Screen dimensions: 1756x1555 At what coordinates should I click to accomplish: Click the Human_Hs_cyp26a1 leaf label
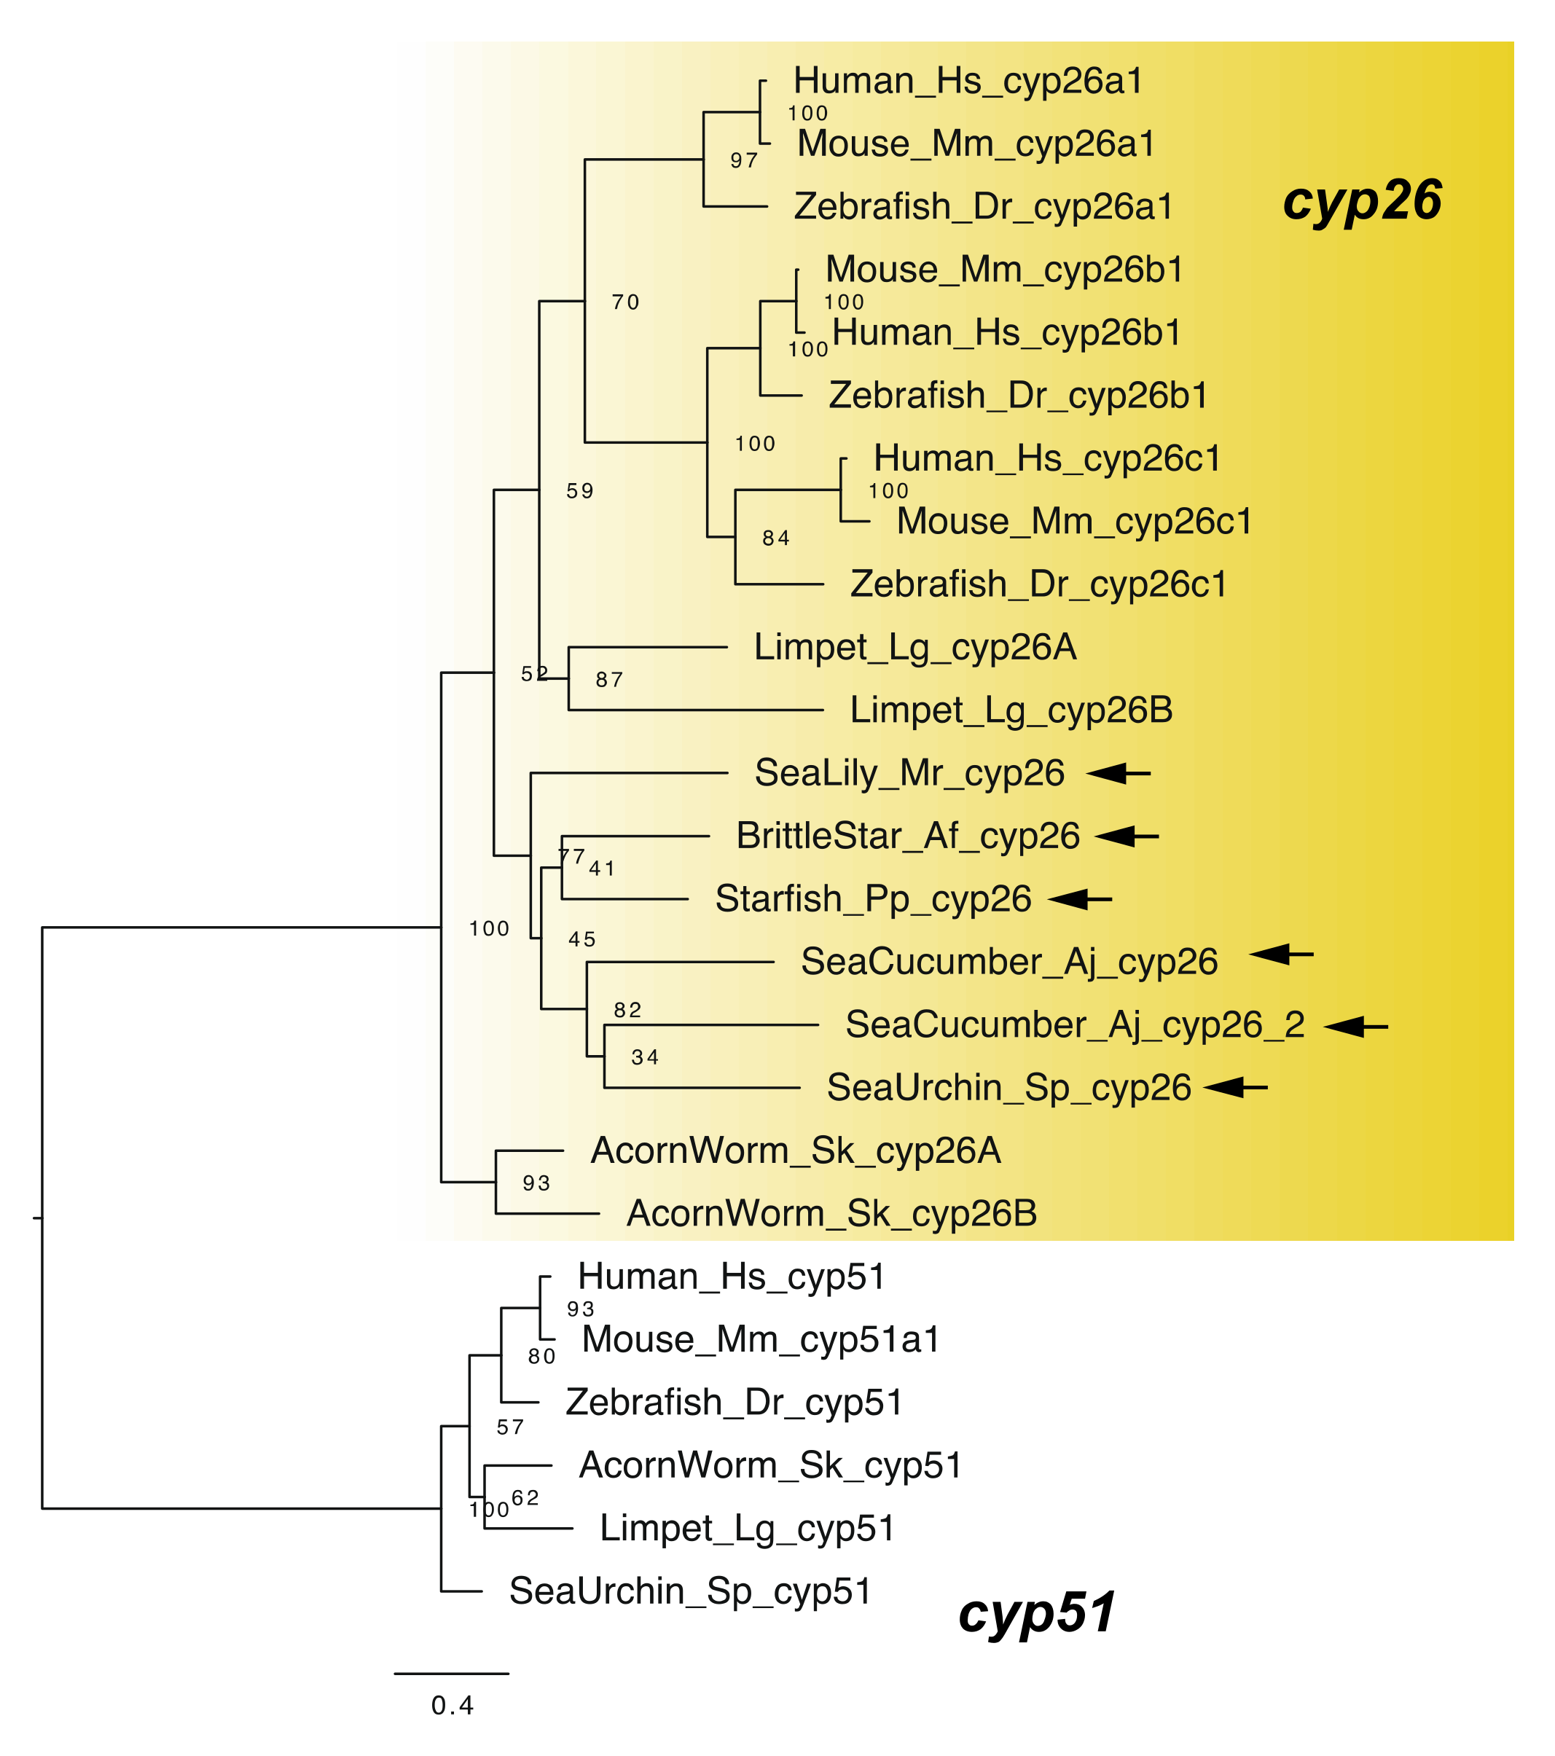(x=968, y=81)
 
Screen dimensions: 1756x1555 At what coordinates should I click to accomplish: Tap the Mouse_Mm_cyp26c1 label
(x=1074, y=522)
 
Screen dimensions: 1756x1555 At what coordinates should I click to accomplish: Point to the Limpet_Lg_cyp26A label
(x=915, y=647)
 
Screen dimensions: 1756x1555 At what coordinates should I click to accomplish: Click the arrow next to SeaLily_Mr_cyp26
(x=1118, y=773)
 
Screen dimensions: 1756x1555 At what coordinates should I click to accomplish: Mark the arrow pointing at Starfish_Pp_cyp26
(x=1080, y=899)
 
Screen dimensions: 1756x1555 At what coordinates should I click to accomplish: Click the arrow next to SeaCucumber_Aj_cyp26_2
(x=1355, y=1026)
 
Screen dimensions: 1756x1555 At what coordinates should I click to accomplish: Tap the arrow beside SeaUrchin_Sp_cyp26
(x=1235, y=1088)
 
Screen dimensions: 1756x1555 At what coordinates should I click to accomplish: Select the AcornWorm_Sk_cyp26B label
(x=831, y=1214)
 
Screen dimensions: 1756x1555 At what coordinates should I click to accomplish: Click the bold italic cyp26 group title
(x=1362, y=200)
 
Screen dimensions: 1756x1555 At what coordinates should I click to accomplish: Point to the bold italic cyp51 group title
(x=1036, y=1612)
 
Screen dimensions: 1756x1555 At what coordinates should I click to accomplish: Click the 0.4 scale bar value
(x=452, y=1705)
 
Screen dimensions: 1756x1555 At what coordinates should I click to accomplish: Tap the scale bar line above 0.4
(x=452, y=1673)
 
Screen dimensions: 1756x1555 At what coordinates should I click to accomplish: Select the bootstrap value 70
(x=625, y=302)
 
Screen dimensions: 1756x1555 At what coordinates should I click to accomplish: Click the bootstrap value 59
(x=580, y=491)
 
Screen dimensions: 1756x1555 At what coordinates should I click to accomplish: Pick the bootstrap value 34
(x=644, y=1057)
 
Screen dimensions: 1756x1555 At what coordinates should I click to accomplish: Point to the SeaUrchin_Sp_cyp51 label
(x=690, y=1591)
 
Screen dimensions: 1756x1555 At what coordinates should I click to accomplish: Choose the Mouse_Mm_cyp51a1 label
(x=761, y=1339)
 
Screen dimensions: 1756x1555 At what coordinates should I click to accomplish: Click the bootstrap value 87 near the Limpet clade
(x=609, y=681)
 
